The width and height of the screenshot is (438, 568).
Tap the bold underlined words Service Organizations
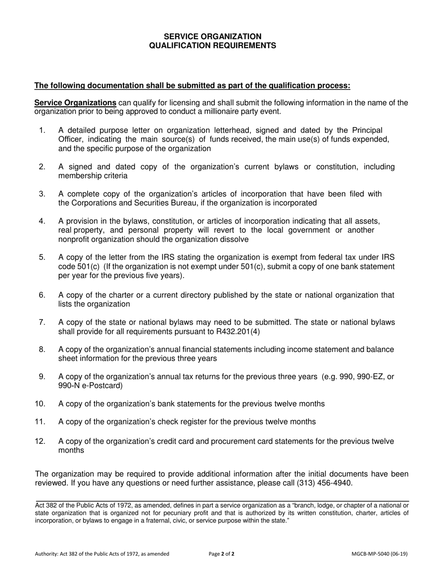click(x=76, y=103)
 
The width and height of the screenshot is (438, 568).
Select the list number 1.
click(x=42, y=131)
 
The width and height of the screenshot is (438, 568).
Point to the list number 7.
click(x=42, y=322)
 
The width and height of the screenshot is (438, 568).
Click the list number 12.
click(x=40, y=441)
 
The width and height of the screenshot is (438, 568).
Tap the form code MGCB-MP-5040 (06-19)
click(x=379, y=554)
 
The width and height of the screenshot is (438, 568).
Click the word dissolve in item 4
click(x=234, y=239)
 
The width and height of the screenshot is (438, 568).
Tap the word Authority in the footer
click(x=47, y=554)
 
